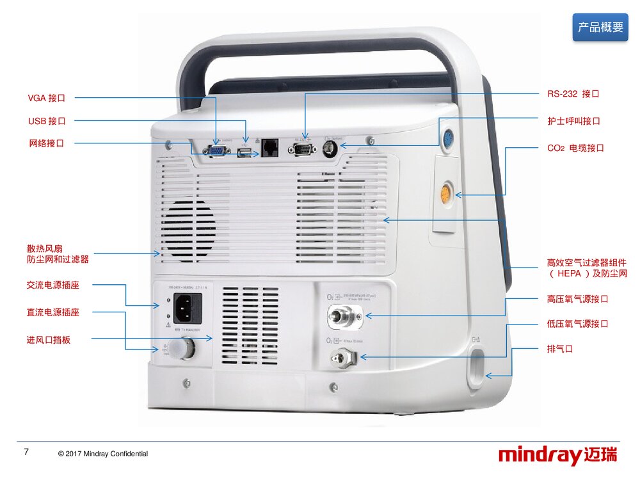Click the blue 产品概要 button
pyautogui.click(x=600, y=28)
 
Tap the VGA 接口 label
pyautogui.click(x=47, y=98)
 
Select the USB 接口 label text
pyautogui.click(x=47, y=121)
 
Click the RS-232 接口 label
pyautogui.click(x=573, y=94)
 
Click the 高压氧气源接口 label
pyautogui.click(x=577, y=299)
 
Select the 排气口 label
pyautogui.click(x=559, y=349)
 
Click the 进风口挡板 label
pyautogui.click(x=49, y=340)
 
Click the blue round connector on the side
pyautogui.click(x=449, y=138)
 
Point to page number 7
pyautogui.click(x=26, y=452)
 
